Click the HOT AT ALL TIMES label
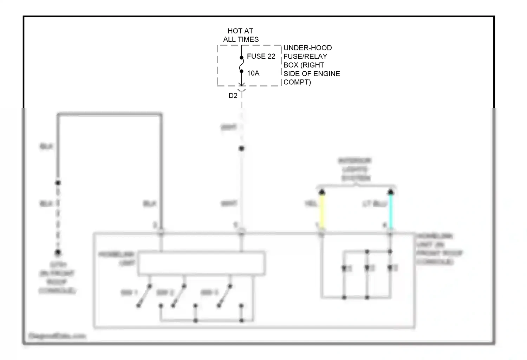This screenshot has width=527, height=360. [x=241, y=35]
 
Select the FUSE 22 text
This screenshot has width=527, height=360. [x=261, y=56]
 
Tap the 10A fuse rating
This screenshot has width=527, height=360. [x=253, y=73]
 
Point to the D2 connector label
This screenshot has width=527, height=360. [x=233, y=96]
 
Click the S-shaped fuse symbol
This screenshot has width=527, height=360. [x=241, y=65]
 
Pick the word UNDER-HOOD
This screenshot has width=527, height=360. [x=307, y=48]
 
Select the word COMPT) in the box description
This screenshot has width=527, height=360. [x=297, y=82]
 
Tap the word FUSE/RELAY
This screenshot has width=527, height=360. [x=305, y=56]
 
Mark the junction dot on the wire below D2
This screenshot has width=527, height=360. [x=241, y=148]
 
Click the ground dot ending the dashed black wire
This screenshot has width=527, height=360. [x=58, y=252]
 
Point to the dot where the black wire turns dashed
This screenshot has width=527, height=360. [x=58, y=182]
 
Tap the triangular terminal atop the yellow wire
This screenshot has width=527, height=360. [x=321, y=192]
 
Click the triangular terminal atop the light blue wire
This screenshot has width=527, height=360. [x=390, y=192]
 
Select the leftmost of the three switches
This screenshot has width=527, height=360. [x=144, y=296]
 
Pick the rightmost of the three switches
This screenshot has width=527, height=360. [x=225, y=296]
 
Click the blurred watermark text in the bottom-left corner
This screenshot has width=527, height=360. [x=57, y=336]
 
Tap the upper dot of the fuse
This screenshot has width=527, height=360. [x=241, y=58]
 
